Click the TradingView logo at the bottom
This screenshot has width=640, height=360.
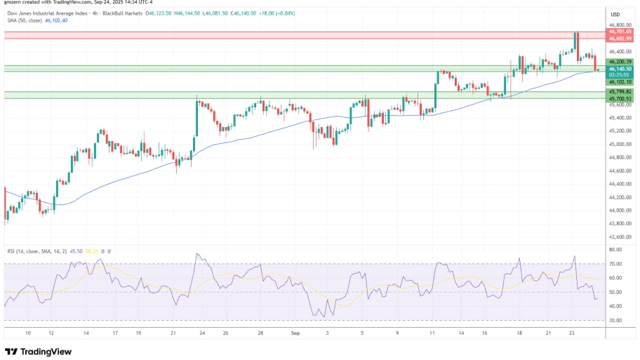tap(39, 350)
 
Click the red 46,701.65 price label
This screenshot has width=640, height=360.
tap(620, 32)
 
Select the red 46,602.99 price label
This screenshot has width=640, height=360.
tap(620, 38)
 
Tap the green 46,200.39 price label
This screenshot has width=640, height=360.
tap(620, 62)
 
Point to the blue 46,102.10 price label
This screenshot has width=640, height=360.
tap(620, 81)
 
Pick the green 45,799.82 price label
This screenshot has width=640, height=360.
tap(620, 92)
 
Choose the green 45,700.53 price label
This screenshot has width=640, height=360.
tap(620, 99)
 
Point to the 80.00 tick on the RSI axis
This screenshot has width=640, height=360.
tap(615, 250)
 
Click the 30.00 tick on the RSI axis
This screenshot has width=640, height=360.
tap(615, 320)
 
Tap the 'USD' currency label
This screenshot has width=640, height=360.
tap(615, 14)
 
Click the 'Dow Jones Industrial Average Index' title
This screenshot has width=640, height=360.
tap(48, 13)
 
